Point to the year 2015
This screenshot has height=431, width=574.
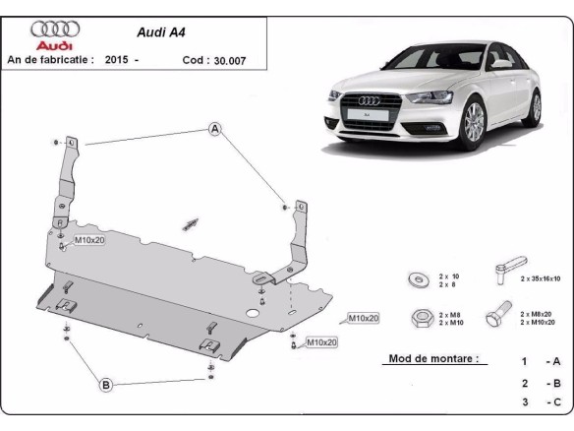(117, 60)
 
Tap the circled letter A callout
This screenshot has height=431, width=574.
(214, 129)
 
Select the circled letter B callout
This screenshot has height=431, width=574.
(106, 385)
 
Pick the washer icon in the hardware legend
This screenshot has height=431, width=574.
(416, 280)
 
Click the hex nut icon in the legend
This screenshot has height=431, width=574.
(417, 318)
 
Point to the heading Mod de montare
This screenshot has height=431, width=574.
(432, 359)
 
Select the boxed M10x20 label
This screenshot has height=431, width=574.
(363, 318)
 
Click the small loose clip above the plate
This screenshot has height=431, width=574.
(190, 224)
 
